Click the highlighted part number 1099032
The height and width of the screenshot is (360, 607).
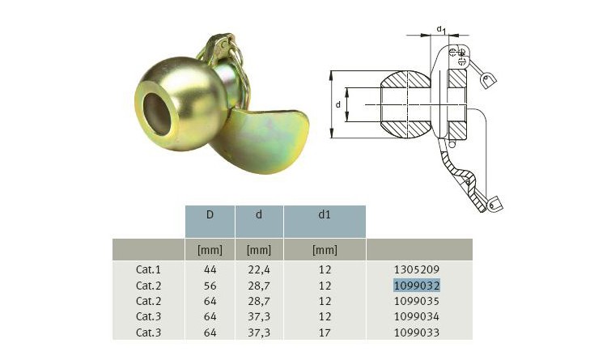tap(417, 286)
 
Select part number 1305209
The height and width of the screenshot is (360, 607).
tap(417, 269)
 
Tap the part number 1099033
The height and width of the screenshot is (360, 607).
tap(417, 332)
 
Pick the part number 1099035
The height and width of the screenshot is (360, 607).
tap(417, 301)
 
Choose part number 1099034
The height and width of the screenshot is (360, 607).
tap(417, 316)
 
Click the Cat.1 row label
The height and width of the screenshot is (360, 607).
tap(148, 269)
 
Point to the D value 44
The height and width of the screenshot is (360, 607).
tap(210, 269)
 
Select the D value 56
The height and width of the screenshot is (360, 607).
tap(210, 286)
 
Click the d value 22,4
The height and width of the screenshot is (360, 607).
tap(259, 269)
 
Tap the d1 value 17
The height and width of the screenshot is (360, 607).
tap(325, 332)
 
